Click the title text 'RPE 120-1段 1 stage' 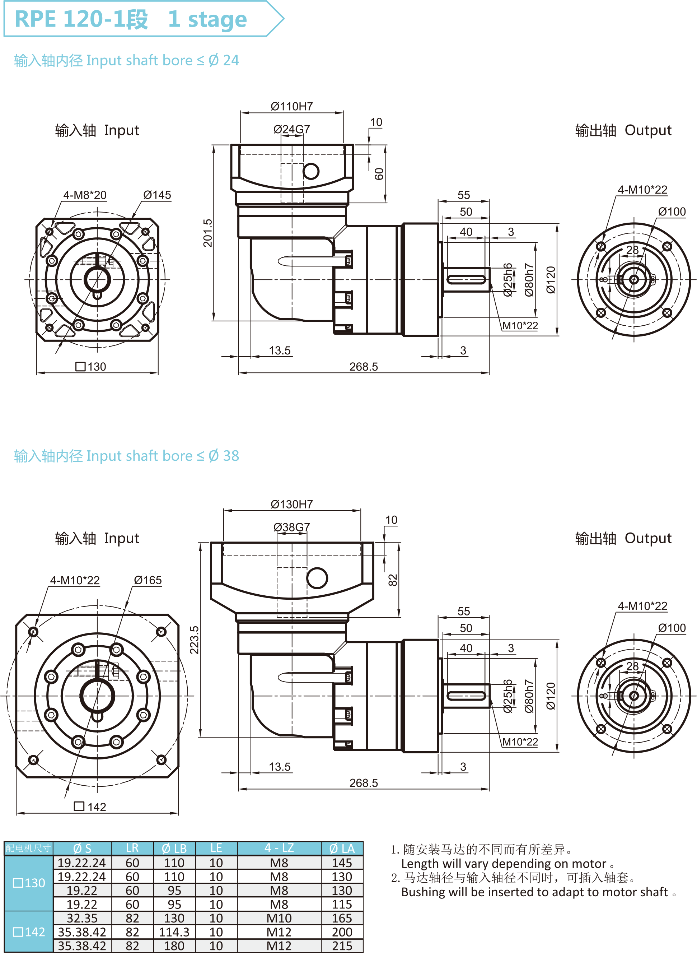[131, 19]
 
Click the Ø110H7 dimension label [291, 106]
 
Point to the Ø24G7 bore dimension [291, 129]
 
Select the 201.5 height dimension [207, 233]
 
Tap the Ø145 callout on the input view [157, 195]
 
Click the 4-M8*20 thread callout [85, 195]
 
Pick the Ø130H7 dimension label [291, 505]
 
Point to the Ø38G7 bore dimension [291, 527]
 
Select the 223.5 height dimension [194, 640]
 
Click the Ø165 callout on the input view [148, 580]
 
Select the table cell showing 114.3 [174, 932]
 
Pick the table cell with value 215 [342, 946]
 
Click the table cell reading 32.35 [82, 918]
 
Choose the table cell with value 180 [174, 946]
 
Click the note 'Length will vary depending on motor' [504, 864]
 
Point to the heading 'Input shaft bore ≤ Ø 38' [127, 456]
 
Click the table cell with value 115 [342, 905]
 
